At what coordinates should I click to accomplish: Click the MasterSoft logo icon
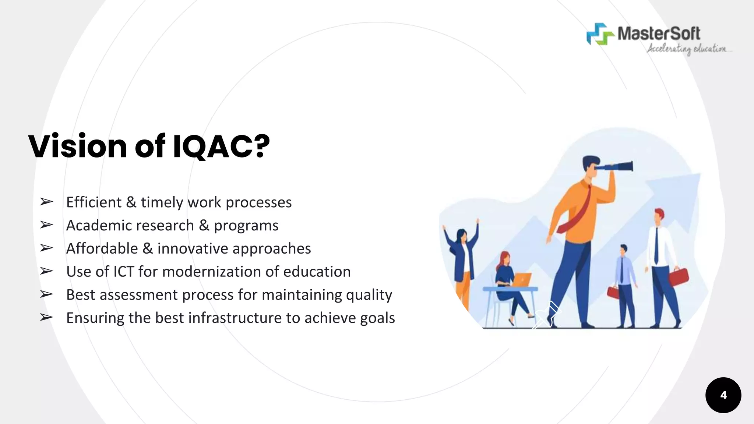pyautogui.click(x=600, y=34)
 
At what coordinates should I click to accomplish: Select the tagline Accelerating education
pyautogui.click(x=687, y=49)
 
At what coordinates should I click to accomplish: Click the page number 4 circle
pyautogui.click(x=723, y=395)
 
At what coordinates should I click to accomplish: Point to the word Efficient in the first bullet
pyautogui.click(x=94, y=202)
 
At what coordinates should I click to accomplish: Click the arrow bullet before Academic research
pyautogui.click(x=46, y=225)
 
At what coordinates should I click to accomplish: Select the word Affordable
pyautogui.click(x=102, y=248)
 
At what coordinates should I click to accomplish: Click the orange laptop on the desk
pyautogui.click(x=522, y=280)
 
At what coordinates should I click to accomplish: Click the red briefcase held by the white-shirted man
pyautogui.click(x=678, y=277)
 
